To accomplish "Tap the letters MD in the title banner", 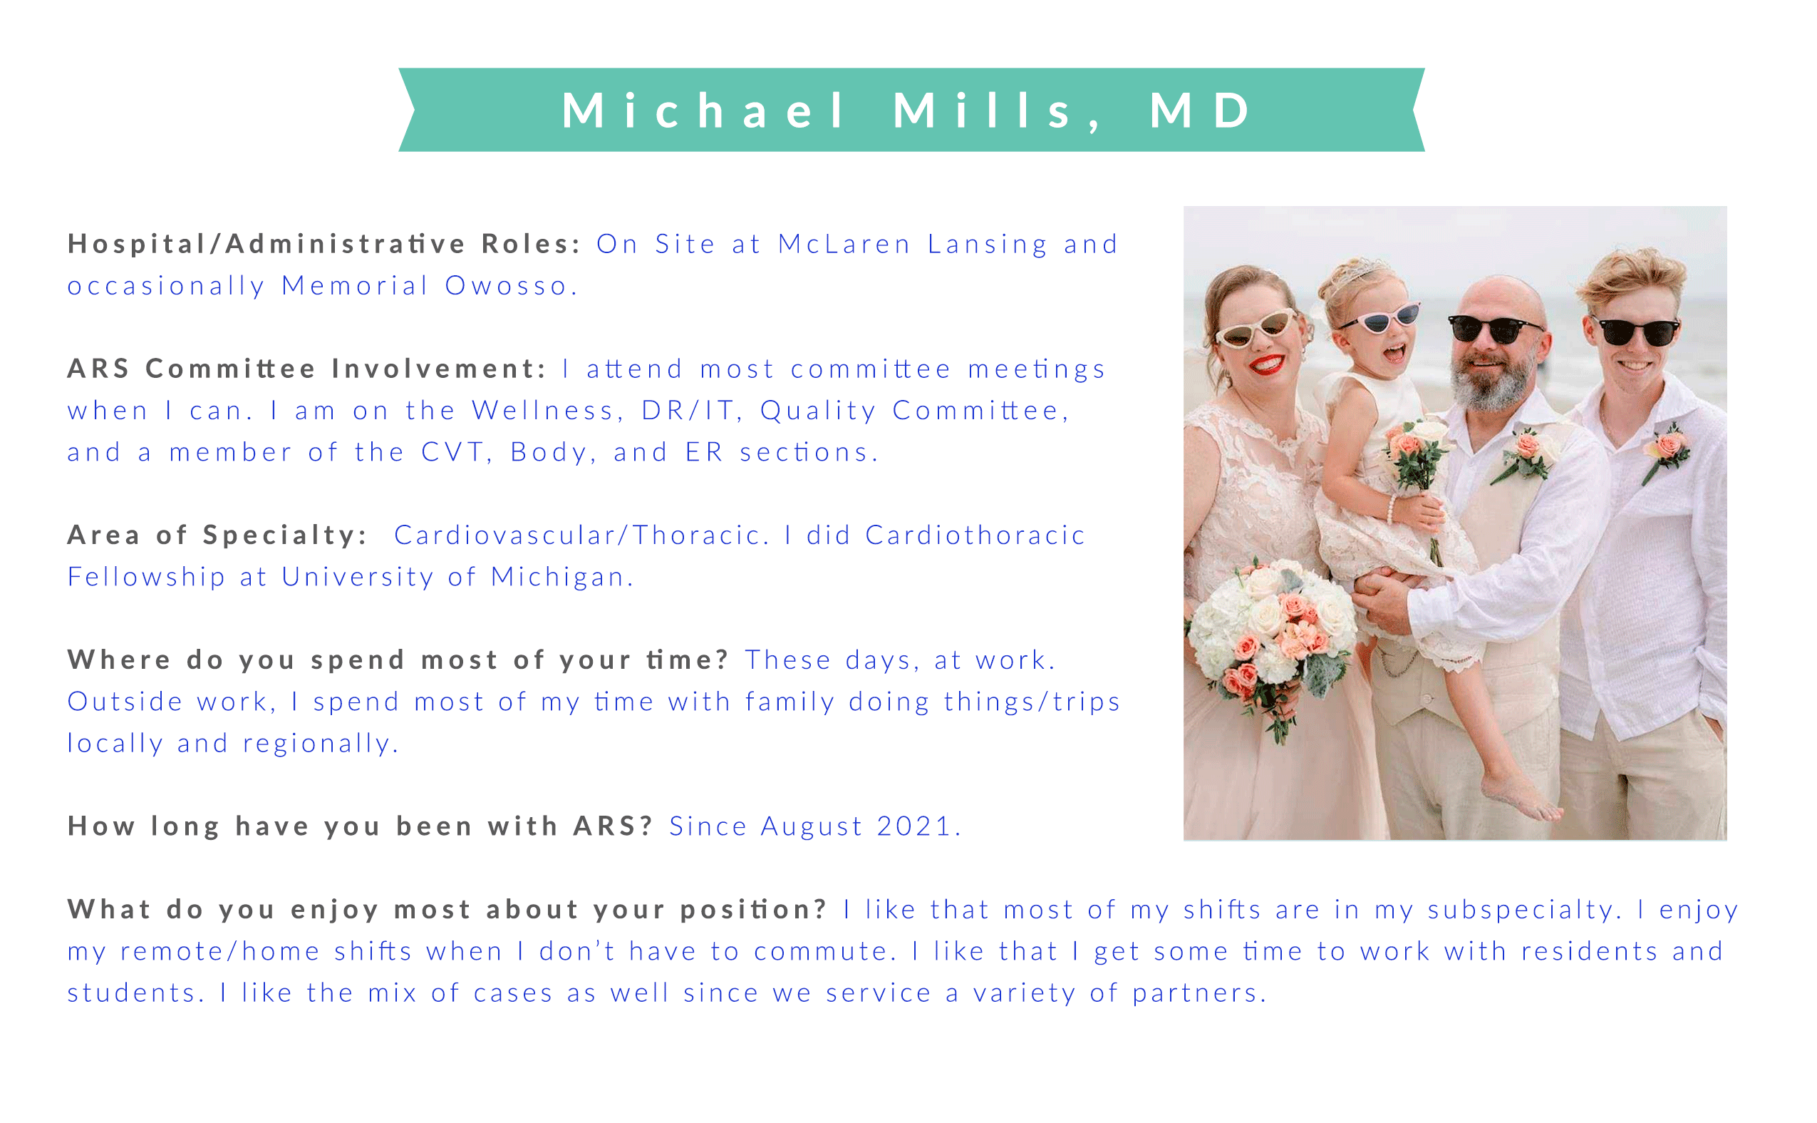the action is click(1201, 110).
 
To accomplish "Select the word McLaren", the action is click(844, 244).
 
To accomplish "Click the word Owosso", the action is click(506, 285).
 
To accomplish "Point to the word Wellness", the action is click(542, 410).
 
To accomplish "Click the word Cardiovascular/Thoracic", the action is click(576, 535).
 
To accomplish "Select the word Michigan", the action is click(557, 576).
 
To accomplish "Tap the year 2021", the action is click(913, 826).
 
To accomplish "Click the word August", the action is click(812, 827).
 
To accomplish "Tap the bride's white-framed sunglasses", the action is click(1255, 327).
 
